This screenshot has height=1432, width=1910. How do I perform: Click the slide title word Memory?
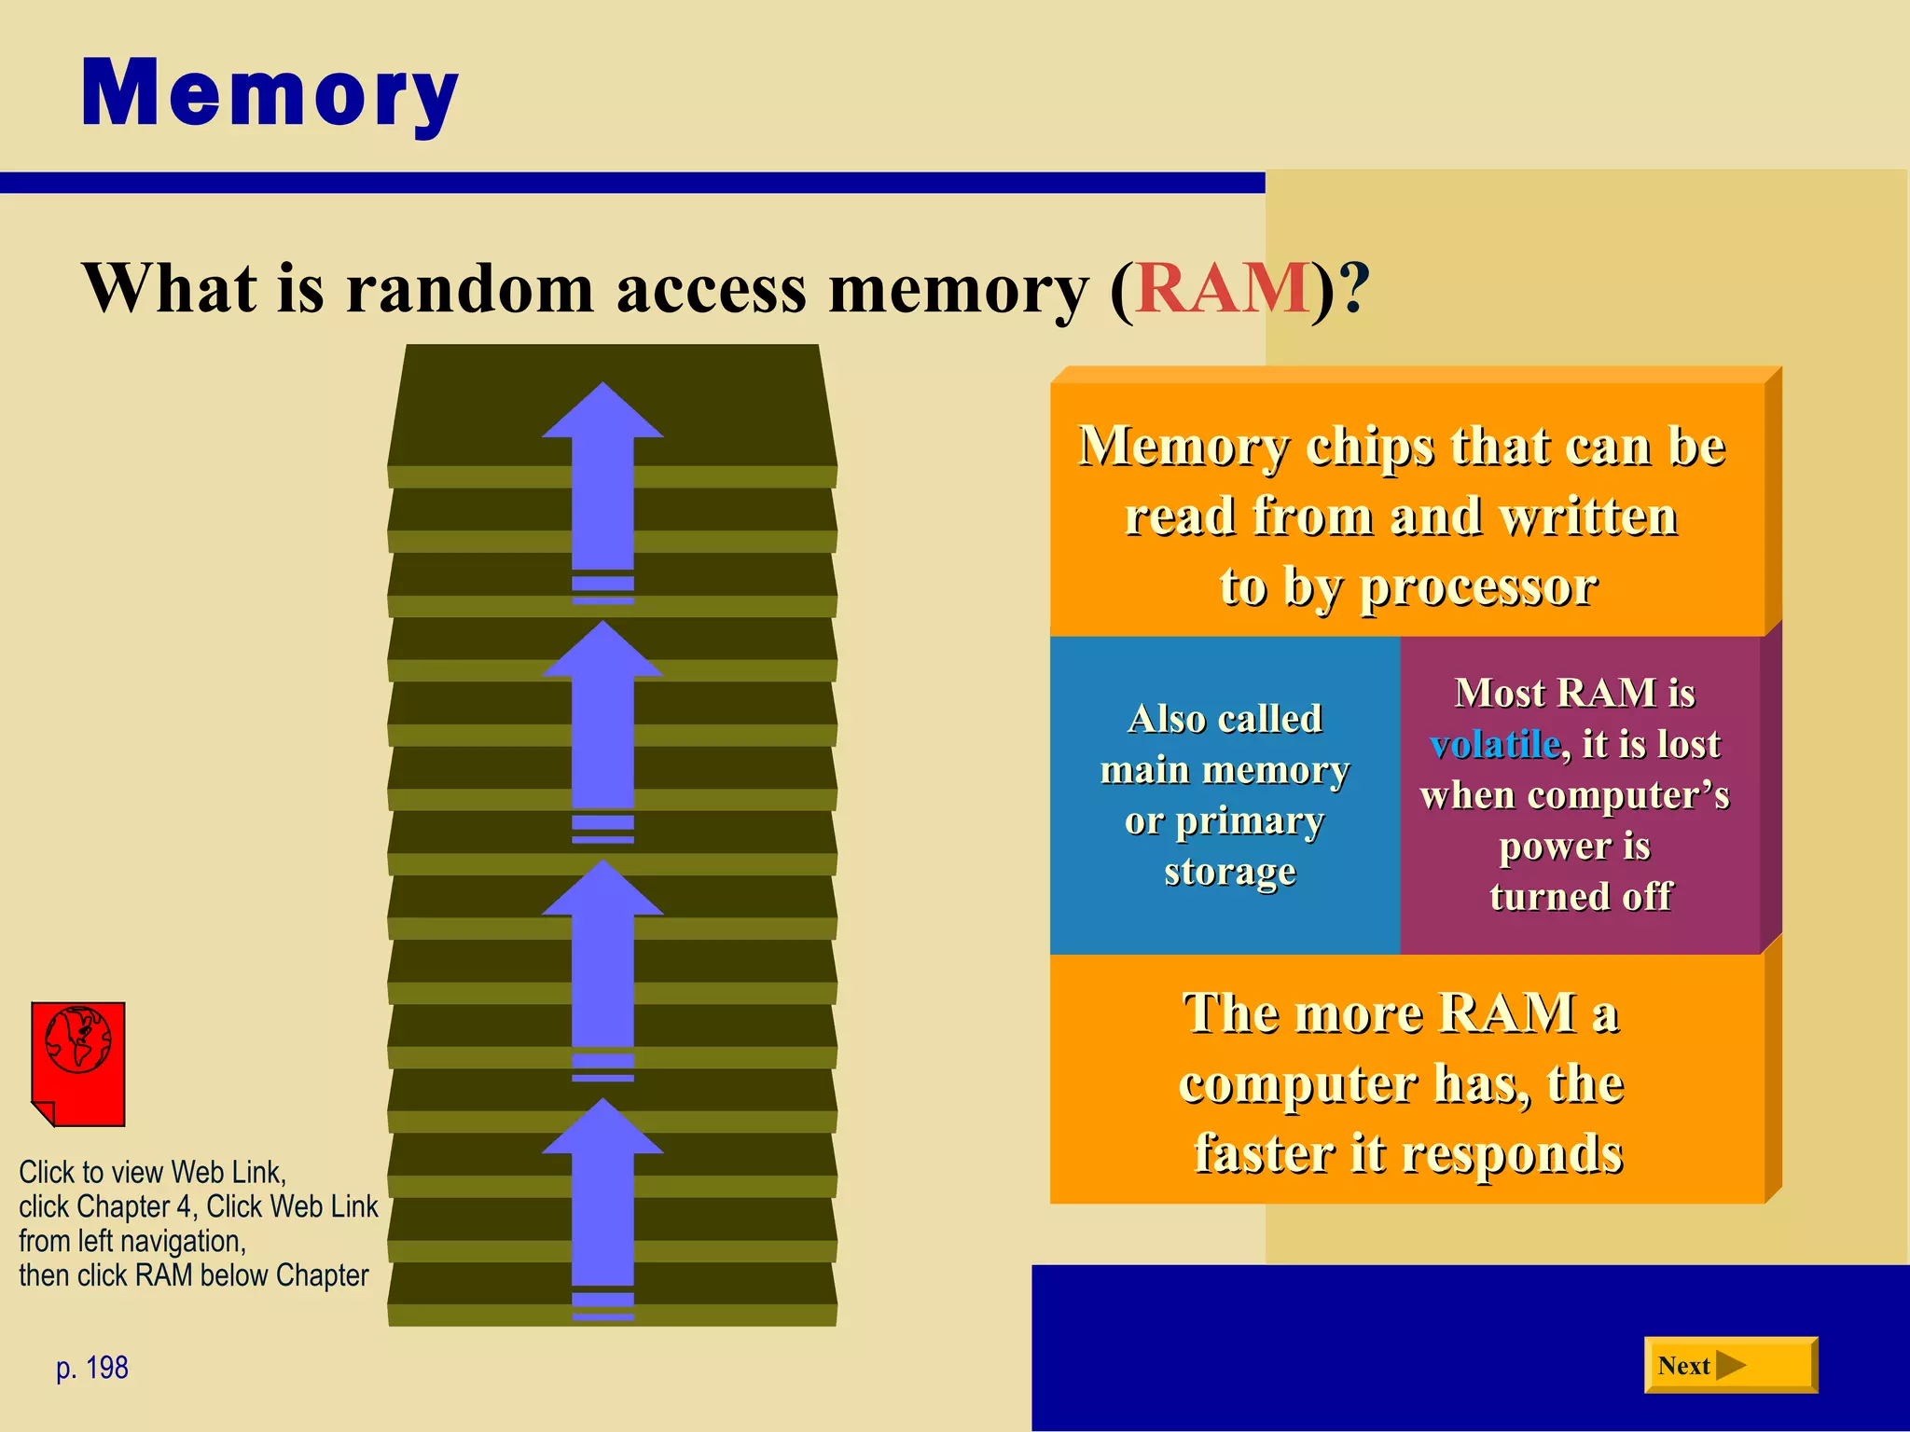coord(270,94)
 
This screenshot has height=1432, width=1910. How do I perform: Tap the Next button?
coord(1730,1365)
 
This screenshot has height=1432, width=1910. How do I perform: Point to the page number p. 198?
coord(92,1368)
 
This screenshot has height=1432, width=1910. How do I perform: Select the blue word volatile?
coord(1495,744)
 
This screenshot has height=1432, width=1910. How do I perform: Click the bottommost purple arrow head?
coord(602,1129)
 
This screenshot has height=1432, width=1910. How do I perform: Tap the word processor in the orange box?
coord(1478,587)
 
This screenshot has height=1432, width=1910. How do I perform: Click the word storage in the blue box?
coord(1229,872)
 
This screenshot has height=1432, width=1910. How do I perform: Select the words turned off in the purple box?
coord(1581,896)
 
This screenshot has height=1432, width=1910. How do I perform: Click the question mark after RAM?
coord(1354,288)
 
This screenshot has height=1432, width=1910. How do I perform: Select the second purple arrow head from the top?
coord(602,652)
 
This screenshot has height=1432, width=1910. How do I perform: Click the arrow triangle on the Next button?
coord(1731,1366)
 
